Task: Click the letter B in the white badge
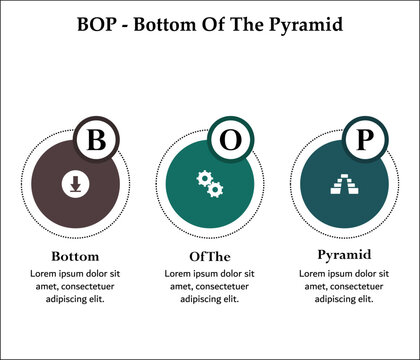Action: (96, 140)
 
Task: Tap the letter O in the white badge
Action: (230, 140)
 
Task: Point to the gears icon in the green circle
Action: (209, 183)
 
